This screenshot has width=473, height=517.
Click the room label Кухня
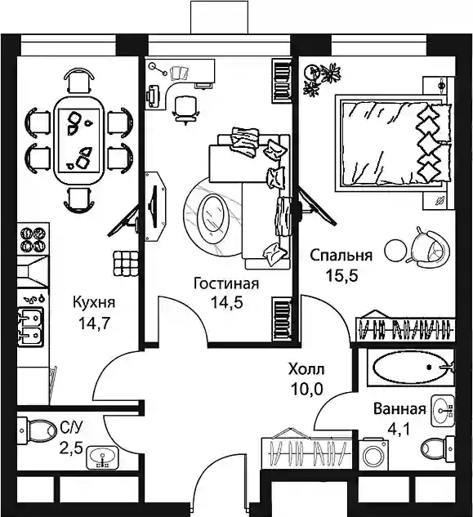94,303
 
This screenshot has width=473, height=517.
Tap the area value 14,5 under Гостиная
227,302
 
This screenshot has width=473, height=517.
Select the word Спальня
341,256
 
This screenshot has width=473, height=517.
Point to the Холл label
306,369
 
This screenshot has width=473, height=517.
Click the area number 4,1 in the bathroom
399,430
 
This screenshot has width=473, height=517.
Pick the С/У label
70,429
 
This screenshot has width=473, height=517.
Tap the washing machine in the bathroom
373,453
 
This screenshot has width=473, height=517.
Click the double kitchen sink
31,327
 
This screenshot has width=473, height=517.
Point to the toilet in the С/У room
37,430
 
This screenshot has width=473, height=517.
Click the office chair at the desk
185,108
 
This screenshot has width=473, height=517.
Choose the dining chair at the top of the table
78,80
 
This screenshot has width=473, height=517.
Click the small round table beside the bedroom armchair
396,251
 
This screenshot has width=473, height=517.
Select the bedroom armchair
428,247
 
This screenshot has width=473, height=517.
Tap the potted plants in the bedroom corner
322,78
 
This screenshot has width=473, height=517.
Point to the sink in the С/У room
102,457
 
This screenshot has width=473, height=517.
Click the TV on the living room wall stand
154,207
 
